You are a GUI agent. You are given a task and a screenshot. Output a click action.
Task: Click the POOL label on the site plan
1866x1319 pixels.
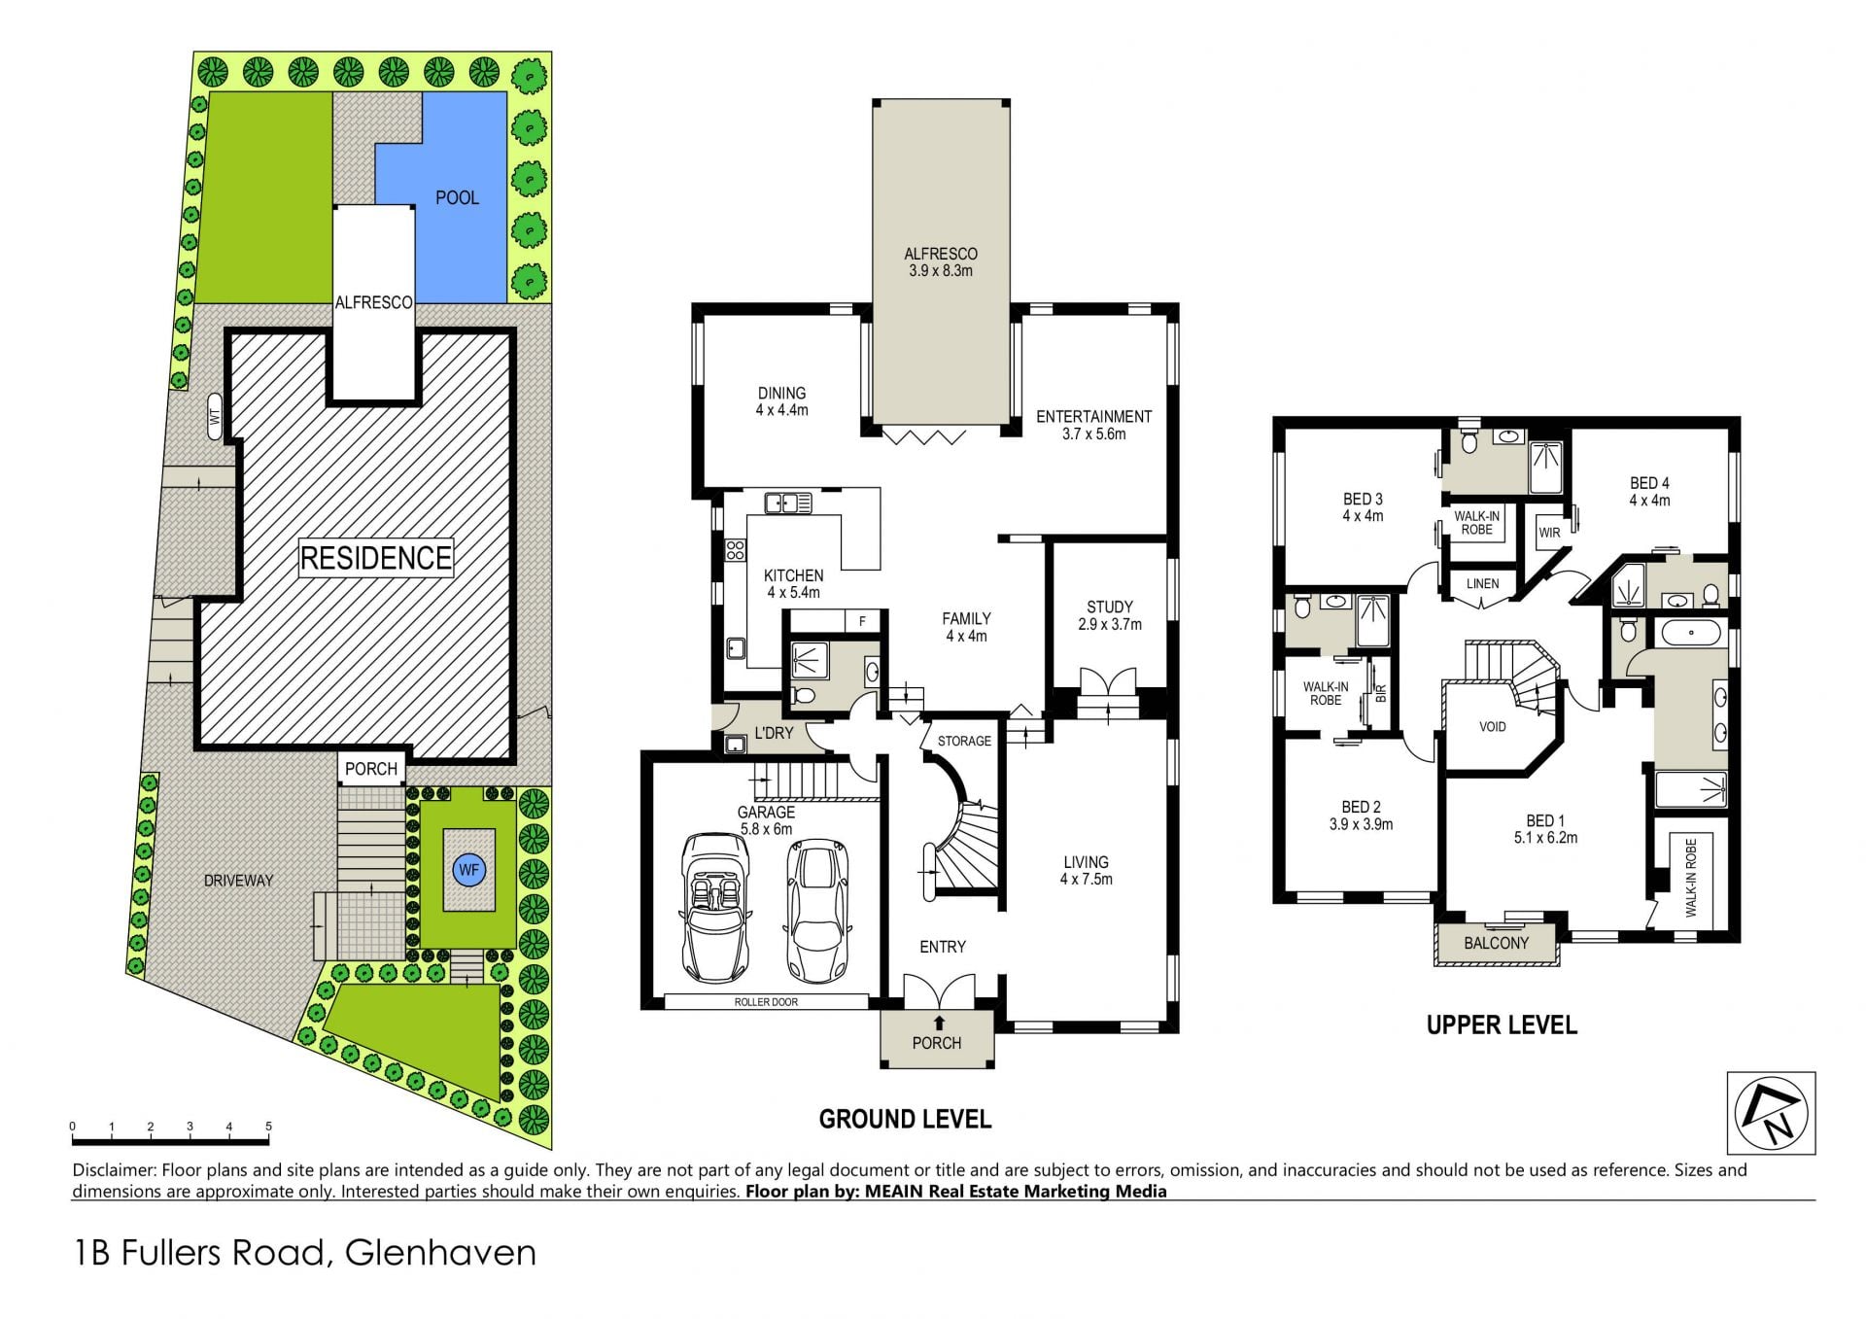click(x=457, y=197)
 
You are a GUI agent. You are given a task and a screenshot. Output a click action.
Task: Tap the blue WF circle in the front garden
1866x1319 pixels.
click(x=469, y=870)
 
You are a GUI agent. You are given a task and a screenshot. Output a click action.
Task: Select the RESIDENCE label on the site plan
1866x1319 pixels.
click(x=376, y=558)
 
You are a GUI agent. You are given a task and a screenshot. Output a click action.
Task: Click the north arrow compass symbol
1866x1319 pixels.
click(x=1771, y=1113)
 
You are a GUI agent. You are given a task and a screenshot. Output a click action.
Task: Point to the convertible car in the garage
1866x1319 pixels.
click(x=714, y=907)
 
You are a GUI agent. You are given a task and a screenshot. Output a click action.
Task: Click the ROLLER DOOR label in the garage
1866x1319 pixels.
click(x=766, y=1002)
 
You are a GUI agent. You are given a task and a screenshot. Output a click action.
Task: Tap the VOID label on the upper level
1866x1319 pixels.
click(x=1492, y=726)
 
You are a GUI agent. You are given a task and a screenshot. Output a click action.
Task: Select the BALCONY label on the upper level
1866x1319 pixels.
click(x=1497, y=943)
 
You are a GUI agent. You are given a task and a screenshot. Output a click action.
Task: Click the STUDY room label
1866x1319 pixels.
click(x=1110, y=607)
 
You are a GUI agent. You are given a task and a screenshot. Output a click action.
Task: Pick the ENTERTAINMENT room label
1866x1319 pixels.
click(x=1094, y=416)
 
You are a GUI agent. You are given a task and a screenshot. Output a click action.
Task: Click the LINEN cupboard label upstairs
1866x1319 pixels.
click(x=1482, y=583)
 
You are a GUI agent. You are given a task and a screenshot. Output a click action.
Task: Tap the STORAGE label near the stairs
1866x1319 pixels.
click(x=964, y=741)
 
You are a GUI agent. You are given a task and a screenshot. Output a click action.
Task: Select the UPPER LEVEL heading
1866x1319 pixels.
click(x=1502, y=1024)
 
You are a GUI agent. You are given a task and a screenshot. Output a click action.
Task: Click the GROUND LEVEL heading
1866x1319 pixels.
click(x=905, y=1120)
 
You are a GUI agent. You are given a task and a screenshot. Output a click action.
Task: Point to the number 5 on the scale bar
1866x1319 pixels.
click(x=268, y=1127)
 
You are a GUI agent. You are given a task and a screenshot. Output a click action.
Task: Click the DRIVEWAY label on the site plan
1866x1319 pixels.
click(x=238, y=881)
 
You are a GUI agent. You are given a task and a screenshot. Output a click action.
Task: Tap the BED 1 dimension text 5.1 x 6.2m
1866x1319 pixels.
click(x=1545, y=838)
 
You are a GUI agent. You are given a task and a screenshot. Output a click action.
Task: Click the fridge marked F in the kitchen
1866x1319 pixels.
click(x=862, y=621)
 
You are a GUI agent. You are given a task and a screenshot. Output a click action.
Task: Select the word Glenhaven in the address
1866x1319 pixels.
click(x=440, y=1252)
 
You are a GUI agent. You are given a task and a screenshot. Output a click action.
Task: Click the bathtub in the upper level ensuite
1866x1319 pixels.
click(x=1691, y=635)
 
